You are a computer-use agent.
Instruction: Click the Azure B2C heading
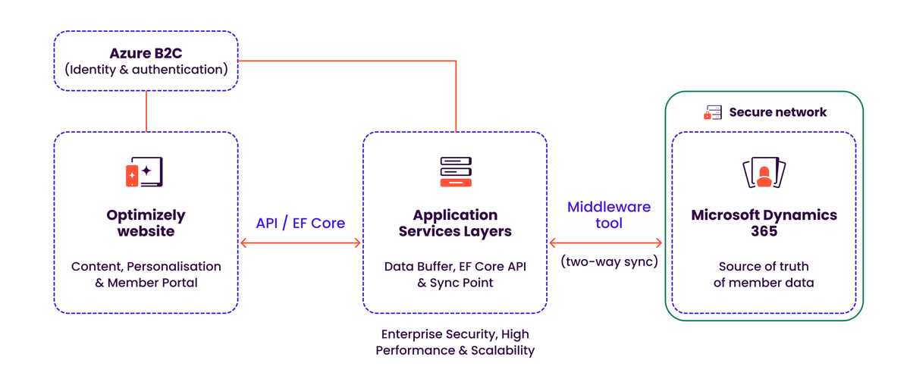click(146, 53)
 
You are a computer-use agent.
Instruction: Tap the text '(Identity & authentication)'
click(146, 70)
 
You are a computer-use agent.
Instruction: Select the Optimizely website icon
click(144, 172)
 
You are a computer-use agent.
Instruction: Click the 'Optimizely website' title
click(146, 223)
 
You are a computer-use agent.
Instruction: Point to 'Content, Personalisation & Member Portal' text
click(146, 274)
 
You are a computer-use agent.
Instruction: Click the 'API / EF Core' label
click(300, 223)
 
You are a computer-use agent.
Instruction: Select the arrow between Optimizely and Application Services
click(300, 243)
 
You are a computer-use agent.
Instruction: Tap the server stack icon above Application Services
click(455, 172)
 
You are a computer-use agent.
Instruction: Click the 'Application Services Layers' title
click(455, 223)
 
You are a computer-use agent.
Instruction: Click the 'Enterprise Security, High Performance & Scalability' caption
click(455, 342)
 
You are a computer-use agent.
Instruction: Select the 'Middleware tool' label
click(608, 214)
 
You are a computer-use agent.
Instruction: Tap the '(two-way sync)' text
click(608, 261)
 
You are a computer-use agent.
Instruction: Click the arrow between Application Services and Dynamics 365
click(606, 243)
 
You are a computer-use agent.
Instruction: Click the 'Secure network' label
click(777, 112)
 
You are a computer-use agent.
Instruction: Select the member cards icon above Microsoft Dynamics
click(764, 173)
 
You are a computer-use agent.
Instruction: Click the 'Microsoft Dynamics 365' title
click(764, 223)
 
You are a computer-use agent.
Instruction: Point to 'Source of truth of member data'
click(764, 274)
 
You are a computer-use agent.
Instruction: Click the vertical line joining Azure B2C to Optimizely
click(146, 111)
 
